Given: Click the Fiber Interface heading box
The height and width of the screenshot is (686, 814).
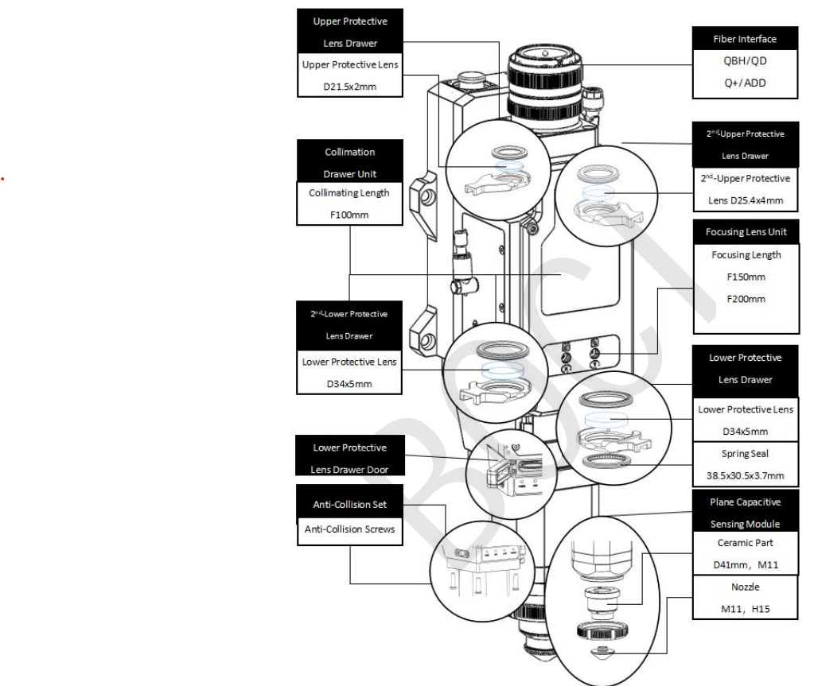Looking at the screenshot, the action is pyautogui.click(x=745, y=38).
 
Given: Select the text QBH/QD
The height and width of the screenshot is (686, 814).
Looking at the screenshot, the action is pyautogui.click(x=745, y=60).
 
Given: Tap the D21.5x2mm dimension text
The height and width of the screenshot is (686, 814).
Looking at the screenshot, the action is pyautogui.click(x=350, y=87).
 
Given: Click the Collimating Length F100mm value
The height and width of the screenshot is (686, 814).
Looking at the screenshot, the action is pyautogui.click(x=349, y=215).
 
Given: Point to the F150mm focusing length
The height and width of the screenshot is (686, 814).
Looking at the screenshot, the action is pyautogui.click(x=746, y=277).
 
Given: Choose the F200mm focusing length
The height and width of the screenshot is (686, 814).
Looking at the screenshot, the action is pyautogui.click(x=746, y=299).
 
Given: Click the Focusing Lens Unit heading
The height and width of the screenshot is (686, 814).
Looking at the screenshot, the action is pyautogui.click(x=746, y=232).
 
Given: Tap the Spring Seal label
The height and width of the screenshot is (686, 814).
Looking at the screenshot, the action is pyautogui.click(x=745, y=454).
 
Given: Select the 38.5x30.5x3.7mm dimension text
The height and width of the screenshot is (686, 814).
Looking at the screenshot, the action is pyautogui.click(x=745, y=475).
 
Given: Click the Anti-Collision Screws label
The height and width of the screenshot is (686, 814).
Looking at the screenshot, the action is pyautogui.click(x=350, y=529).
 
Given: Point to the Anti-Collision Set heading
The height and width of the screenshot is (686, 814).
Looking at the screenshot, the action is pyautogui.click(x=350, y=504).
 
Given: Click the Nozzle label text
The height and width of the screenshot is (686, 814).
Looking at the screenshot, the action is pyautogui.click(x=746, y=587).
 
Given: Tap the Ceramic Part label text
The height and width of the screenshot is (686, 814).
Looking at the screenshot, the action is pyautogui.click(x=746, y=543).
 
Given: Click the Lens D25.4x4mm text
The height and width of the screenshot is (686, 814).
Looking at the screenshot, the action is pyautogui.click(x=746, y=200).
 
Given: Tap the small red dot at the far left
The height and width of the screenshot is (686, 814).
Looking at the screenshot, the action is pyautogui.click(x=2, y=179).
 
